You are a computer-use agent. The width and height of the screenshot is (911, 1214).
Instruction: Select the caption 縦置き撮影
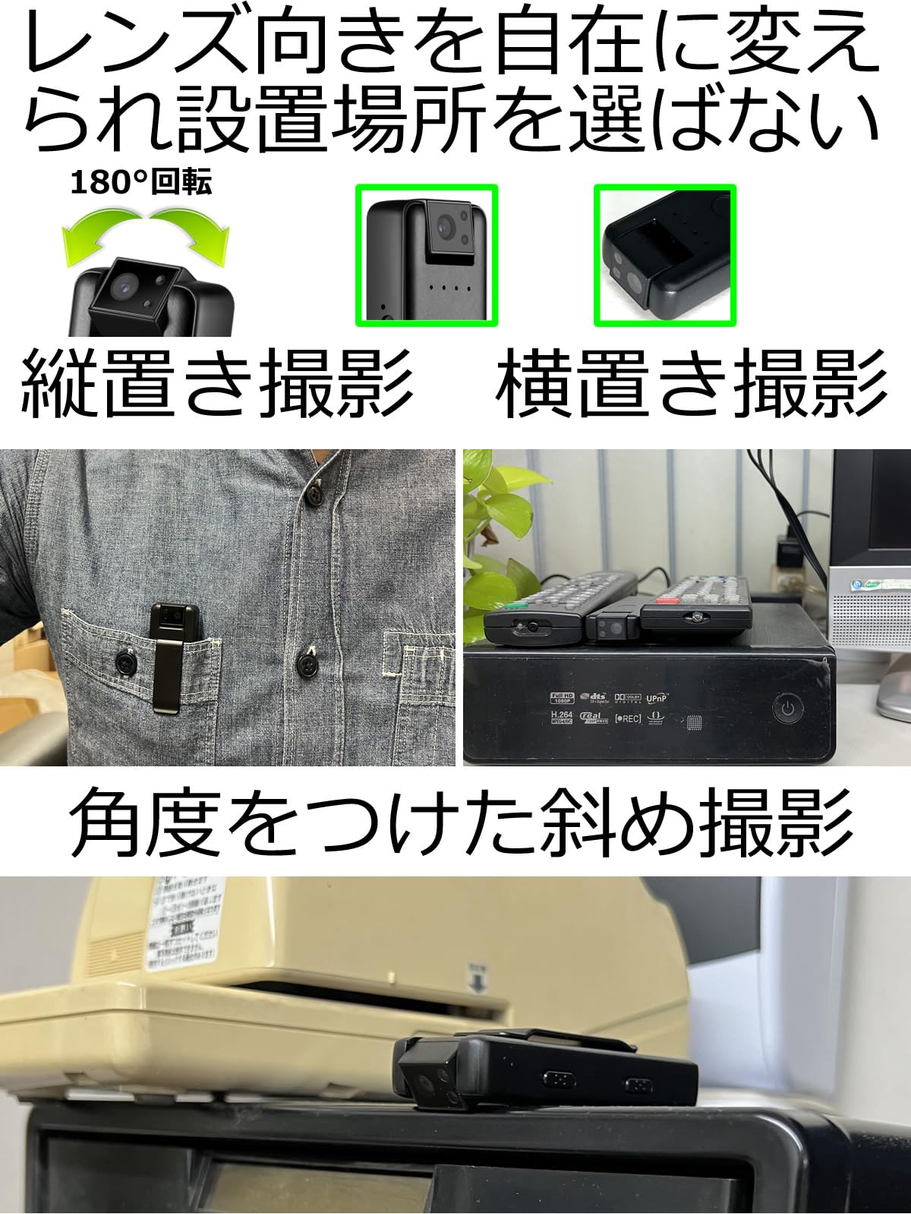[x=216, y=384]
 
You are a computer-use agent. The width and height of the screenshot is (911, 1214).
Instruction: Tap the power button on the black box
[x=788, y=710]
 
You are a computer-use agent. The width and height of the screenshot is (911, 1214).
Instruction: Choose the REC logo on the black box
[x=628, y=718]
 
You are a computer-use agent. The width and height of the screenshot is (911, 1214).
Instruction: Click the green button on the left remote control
[x=516, y=605]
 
